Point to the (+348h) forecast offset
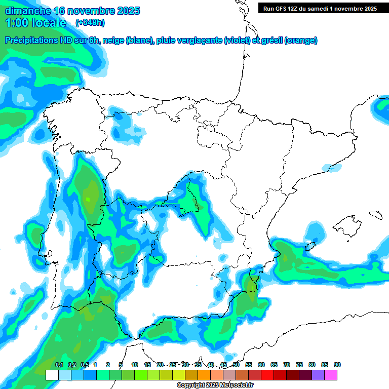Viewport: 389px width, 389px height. (90, 23)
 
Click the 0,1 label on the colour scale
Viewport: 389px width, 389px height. (59, 365)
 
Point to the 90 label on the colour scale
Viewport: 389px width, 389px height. (337, 365)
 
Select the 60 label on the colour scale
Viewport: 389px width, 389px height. (261, 365)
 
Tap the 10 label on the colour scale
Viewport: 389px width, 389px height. (135, 365)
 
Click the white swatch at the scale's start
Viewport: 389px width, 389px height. (52, 375)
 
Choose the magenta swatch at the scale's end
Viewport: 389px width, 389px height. (331, 375)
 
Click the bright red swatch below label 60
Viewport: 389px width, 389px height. (267, 375)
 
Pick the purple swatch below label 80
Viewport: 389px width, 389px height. (318, 375)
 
